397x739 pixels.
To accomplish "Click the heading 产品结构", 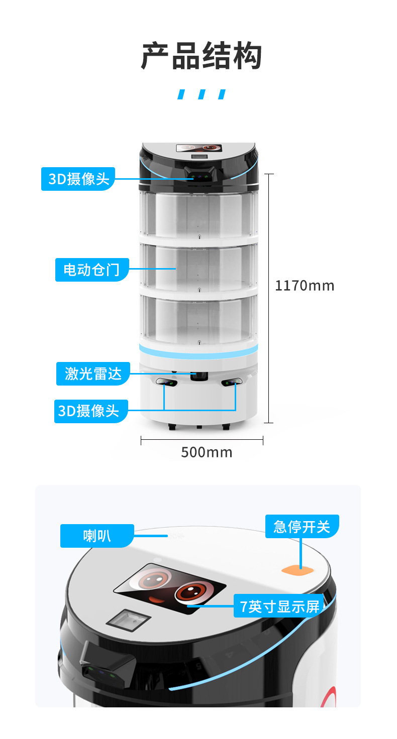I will tap(201, 56).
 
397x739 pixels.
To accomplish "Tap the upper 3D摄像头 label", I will tap(78, 179).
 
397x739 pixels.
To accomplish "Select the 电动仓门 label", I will tap(91, 270).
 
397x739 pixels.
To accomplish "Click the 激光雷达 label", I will tap(93, 374).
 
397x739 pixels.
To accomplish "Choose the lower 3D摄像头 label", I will tap(88, 411).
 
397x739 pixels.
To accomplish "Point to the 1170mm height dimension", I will tap(304, 286).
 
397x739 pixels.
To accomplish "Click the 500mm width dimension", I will tap(207, 452).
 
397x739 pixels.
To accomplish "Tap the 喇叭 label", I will tap(97, 536).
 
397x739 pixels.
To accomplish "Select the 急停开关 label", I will tap(302, 527).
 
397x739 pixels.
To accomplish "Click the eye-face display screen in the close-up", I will tap(170, 587).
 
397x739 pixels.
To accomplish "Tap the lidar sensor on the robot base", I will tap(198, 376).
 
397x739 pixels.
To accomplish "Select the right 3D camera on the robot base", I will tap(232, 383).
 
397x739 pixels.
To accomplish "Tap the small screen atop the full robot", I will tap(199, 149).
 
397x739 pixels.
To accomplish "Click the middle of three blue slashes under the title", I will tap(202, 94).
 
